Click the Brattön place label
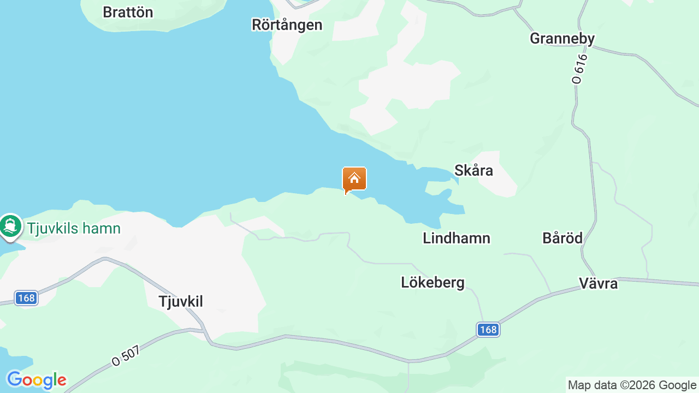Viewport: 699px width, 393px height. [x=128, y=12]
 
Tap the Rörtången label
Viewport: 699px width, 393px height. [x=287, y=25]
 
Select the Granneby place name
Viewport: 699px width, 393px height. [x=562, y=38]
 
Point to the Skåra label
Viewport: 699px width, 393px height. [x=473, y=170]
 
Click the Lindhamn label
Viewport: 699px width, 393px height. [x=457, y=238]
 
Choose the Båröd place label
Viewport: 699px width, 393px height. [x=562, y=238]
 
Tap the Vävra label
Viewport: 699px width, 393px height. [x=598, y=283]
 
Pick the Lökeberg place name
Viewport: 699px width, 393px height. [x=433, y=282]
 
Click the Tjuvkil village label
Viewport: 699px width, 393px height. [x=181, y=301]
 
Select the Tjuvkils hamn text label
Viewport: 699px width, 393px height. [x=74, y=228]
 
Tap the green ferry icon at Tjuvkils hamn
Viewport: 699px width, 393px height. [x=10, y=225]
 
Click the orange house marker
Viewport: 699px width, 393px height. [x=354, y=179]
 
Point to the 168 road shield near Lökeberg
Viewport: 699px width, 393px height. [x=488, y=330]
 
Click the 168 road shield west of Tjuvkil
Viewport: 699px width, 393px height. [x=26, y=298]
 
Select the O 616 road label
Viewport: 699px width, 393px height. [x=579, y=68]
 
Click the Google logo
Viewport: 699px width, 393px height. [x=36, y=380]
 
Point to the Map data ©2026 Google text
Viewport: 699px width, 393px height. [x=632, y=385]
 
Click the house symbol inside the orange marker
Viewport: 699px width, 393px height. [x=354, y=178]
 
